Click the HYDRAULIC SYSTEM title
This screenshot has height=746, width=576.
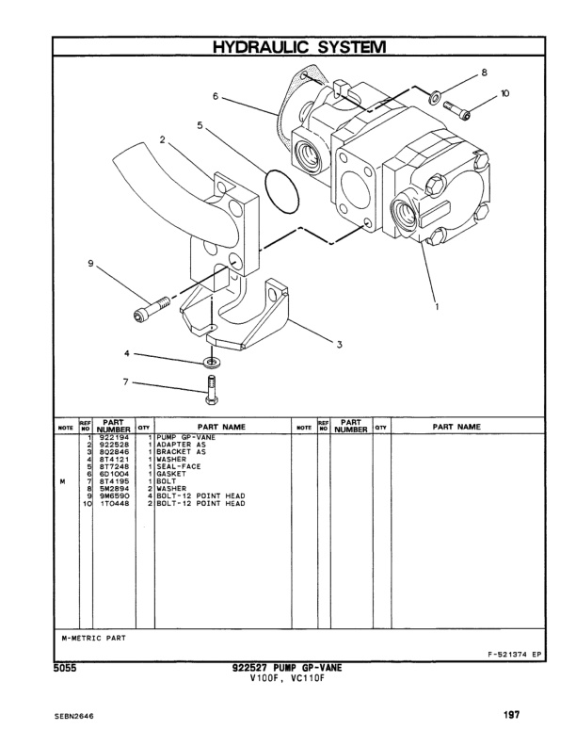[x=288, y=46]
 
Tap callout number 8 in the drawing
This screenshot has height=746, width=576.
[x=485, y=73]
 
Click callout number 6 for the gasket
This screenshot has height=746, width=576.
[x=216, y=96]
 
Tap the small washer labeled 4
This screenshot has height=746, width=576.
[x=211, y=361]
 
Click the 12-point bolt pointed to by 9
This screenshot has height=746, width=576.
[x=156, y=305]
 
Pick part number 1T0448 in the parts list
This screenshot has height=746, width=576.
[x=112, y=504]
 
